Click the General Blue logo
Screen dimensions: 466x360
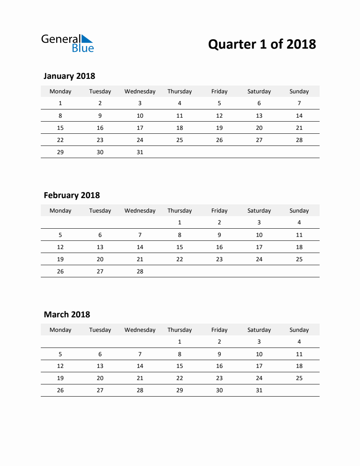67,43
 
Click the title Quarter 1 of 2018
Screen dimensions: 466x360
262,44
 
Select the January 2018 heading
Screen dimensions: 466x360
69,76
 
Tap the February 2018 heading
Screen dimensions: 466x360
72,195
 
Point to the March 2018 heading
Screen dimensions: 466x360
67,315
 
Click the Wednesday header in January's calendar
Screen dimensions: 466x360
140,91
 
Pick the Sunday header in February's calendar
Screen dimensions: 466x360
299,211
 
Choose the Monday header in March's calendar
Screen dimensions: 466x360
60,330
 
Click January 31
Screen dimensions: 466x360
140,152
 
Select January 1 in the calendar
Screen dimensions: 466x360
60,103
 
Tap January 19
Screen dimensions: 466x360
219,128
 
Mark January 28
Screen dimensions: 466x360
299,140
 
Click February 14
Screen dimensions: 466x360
140,247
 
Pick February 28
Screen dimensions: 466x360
140,271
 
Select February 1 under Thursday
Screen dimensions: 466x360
180,222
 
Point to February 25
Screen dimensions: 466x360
299,259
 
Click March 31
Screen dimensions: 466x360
259,390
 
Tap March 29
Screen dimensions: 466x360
180,390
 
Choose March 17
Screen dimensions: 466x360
259,366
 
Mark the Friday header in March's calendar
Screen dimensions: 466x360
219,330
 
